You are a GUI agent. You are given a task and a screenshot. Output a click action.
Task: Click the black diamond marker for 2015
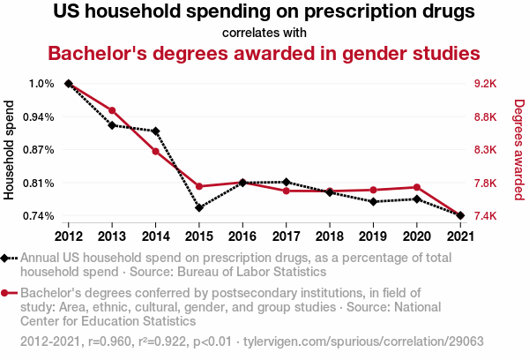199,207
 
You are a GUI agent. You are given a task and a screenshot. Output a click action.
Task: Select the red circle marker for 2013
112,110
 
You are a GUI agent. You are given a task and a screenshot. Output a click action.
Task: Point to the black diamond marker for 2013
112,125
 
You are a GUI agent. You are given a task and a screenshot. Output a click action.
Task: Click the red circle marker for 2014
155,151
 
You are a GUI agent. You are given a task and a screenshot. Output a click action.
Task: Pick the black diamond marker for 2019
373,202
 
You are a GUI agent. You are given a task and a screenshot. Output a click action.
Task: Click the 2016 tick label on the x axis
242,236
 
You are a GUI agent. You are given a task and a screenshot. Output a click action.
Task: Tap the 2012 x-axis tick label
69,236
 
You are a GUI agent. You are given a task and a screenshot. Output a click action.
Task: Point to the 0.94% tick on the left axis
39,116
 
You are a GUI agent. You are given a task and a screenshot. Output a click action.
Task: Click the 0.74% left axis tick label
39,216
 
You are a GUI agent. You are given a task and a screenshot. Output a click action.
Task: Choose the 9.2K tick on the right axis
486,84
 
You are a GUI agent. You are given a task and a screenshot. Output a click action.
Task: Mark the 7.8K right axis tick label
486,184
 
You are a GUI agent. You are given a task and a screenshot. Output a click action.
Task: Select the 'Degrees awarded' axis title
519,150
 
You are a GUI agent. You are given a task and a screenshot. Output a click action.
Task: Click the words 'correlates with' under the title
264,33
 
